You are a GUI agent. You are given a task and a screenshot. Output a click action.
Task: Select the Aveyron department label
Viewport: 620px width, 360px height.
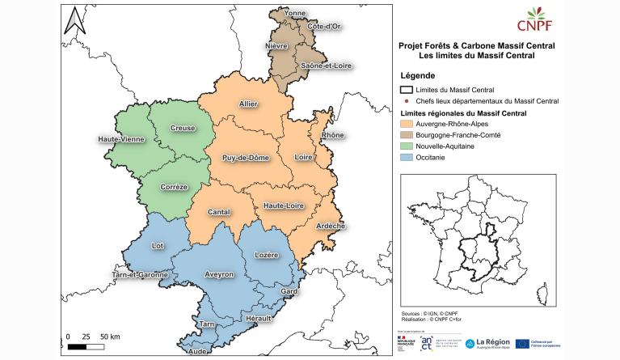tap(218, 274)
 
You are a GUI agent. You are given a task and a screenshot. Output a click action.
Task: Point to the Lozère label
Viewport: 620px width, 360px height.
tap(266, 255)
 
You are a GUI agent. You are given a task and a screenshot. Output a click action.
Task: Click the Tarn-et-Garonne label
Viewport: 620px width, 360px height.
tap(140, 274)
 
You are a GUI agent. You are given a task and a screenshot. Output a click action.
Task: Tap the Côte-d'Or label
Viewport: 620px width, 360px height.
tap(323, 27)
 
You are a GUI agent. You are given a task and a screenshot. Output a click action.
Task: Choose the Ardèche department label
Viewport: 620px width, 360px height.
tap(331, 226)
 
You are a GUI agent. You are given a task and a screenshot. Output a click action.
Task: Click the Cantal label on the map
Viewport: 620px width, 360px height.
tap(219, 212)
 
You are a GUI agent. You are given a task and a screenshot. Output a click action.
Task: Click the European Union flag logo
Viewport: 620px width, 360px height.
tap(522, 344)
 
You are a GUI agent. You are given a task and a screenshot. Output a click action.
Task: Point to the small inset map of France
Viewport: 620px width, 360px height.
tap(476, 239)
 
